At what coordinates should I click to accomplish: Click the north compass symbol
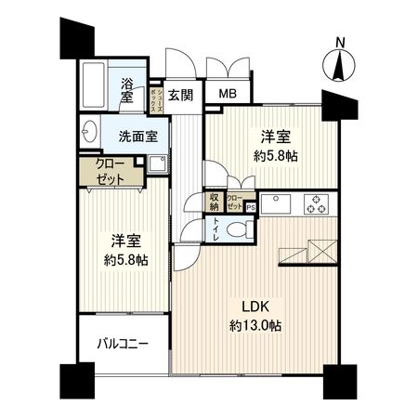(341, 63)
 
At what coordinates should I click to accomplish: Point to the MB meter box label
(228, 93)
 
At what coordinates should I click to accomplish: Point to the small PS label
(250, 207)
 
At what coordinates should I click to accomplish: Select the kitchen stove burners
(318, 202)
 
